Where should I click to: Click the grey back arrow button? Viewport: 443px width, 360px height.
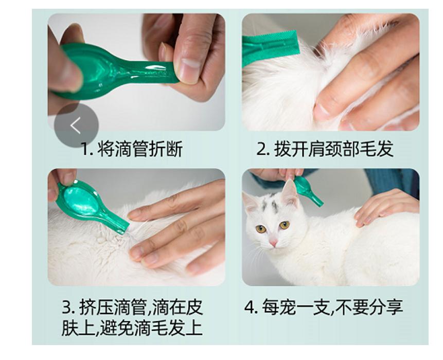(76, 125)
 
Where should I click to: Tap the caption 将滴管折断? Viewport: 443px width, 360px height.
(140, 149)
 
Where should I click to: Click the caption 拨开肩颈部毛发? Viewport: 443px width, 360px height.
(334, 149)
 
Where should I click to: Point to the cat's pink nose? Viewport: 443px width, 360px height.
(273, 242)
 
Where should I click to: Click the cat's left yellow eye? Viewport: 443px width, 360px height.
(260, 228)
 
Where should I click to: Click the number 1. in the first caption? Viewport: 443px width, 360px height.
(86, 150)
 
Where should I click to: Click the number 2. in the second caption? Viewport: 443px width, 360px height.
(263, 150)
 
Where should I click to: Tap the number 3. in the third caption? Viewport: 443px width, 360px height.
(68, 308)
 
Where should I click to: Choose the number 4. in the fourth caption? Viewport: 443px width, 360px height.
(251, 308)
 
